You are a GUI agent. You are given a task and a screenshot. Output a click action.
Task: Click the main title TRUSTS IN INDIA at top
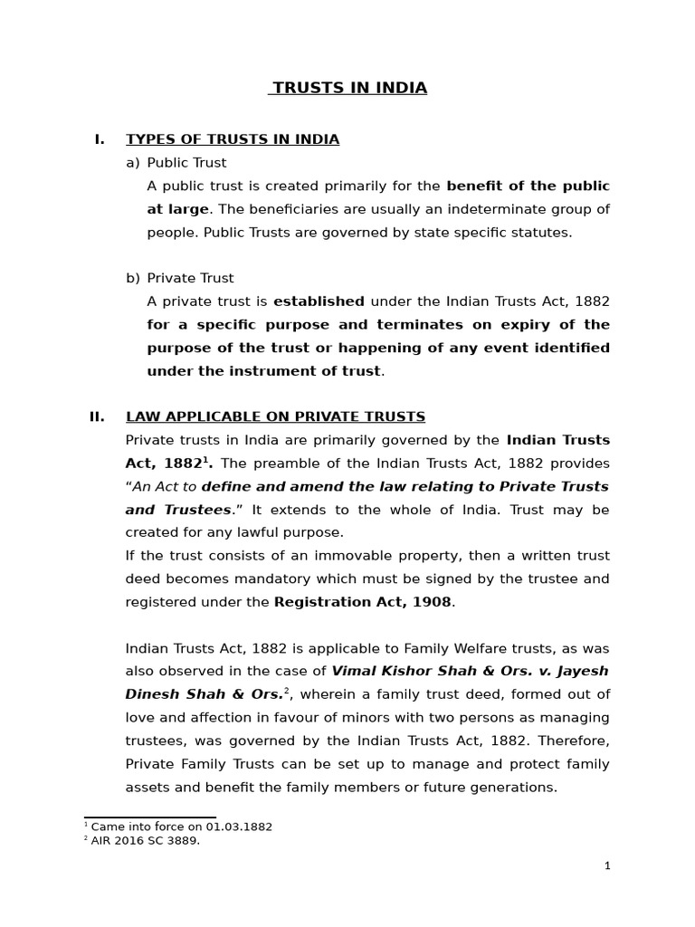(x=349, y=88)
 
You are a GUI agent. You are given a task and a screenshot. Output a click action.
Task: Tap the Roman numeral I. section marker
(x=100, y=139)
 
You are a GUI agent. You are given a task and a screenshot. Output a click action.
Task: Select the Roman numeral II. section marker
(x=97, y=416)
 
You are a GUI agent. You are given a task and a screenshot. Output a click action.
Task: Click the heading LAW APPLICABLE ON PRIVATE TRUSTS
(x=275, y=416)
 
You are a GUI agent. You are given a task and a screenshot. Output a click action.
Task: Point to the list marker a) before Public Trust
(x=133, y=163)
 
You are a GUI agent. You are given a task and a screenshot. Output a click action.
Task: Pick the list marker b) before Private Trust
(x=133, y=278)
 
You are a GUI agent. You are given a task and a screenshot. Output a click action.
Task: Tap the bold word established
(x=319, y=301)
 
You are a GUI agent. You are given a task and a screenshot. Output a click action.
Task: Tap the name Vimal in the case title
(x=354, y=672)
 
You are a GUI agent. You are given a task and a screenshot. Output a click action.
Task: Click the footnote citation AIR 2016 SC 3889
(x=145, y=841)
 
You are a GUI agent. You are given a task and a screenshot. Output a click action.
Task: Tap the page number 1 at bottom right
(x=607, y=866)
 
